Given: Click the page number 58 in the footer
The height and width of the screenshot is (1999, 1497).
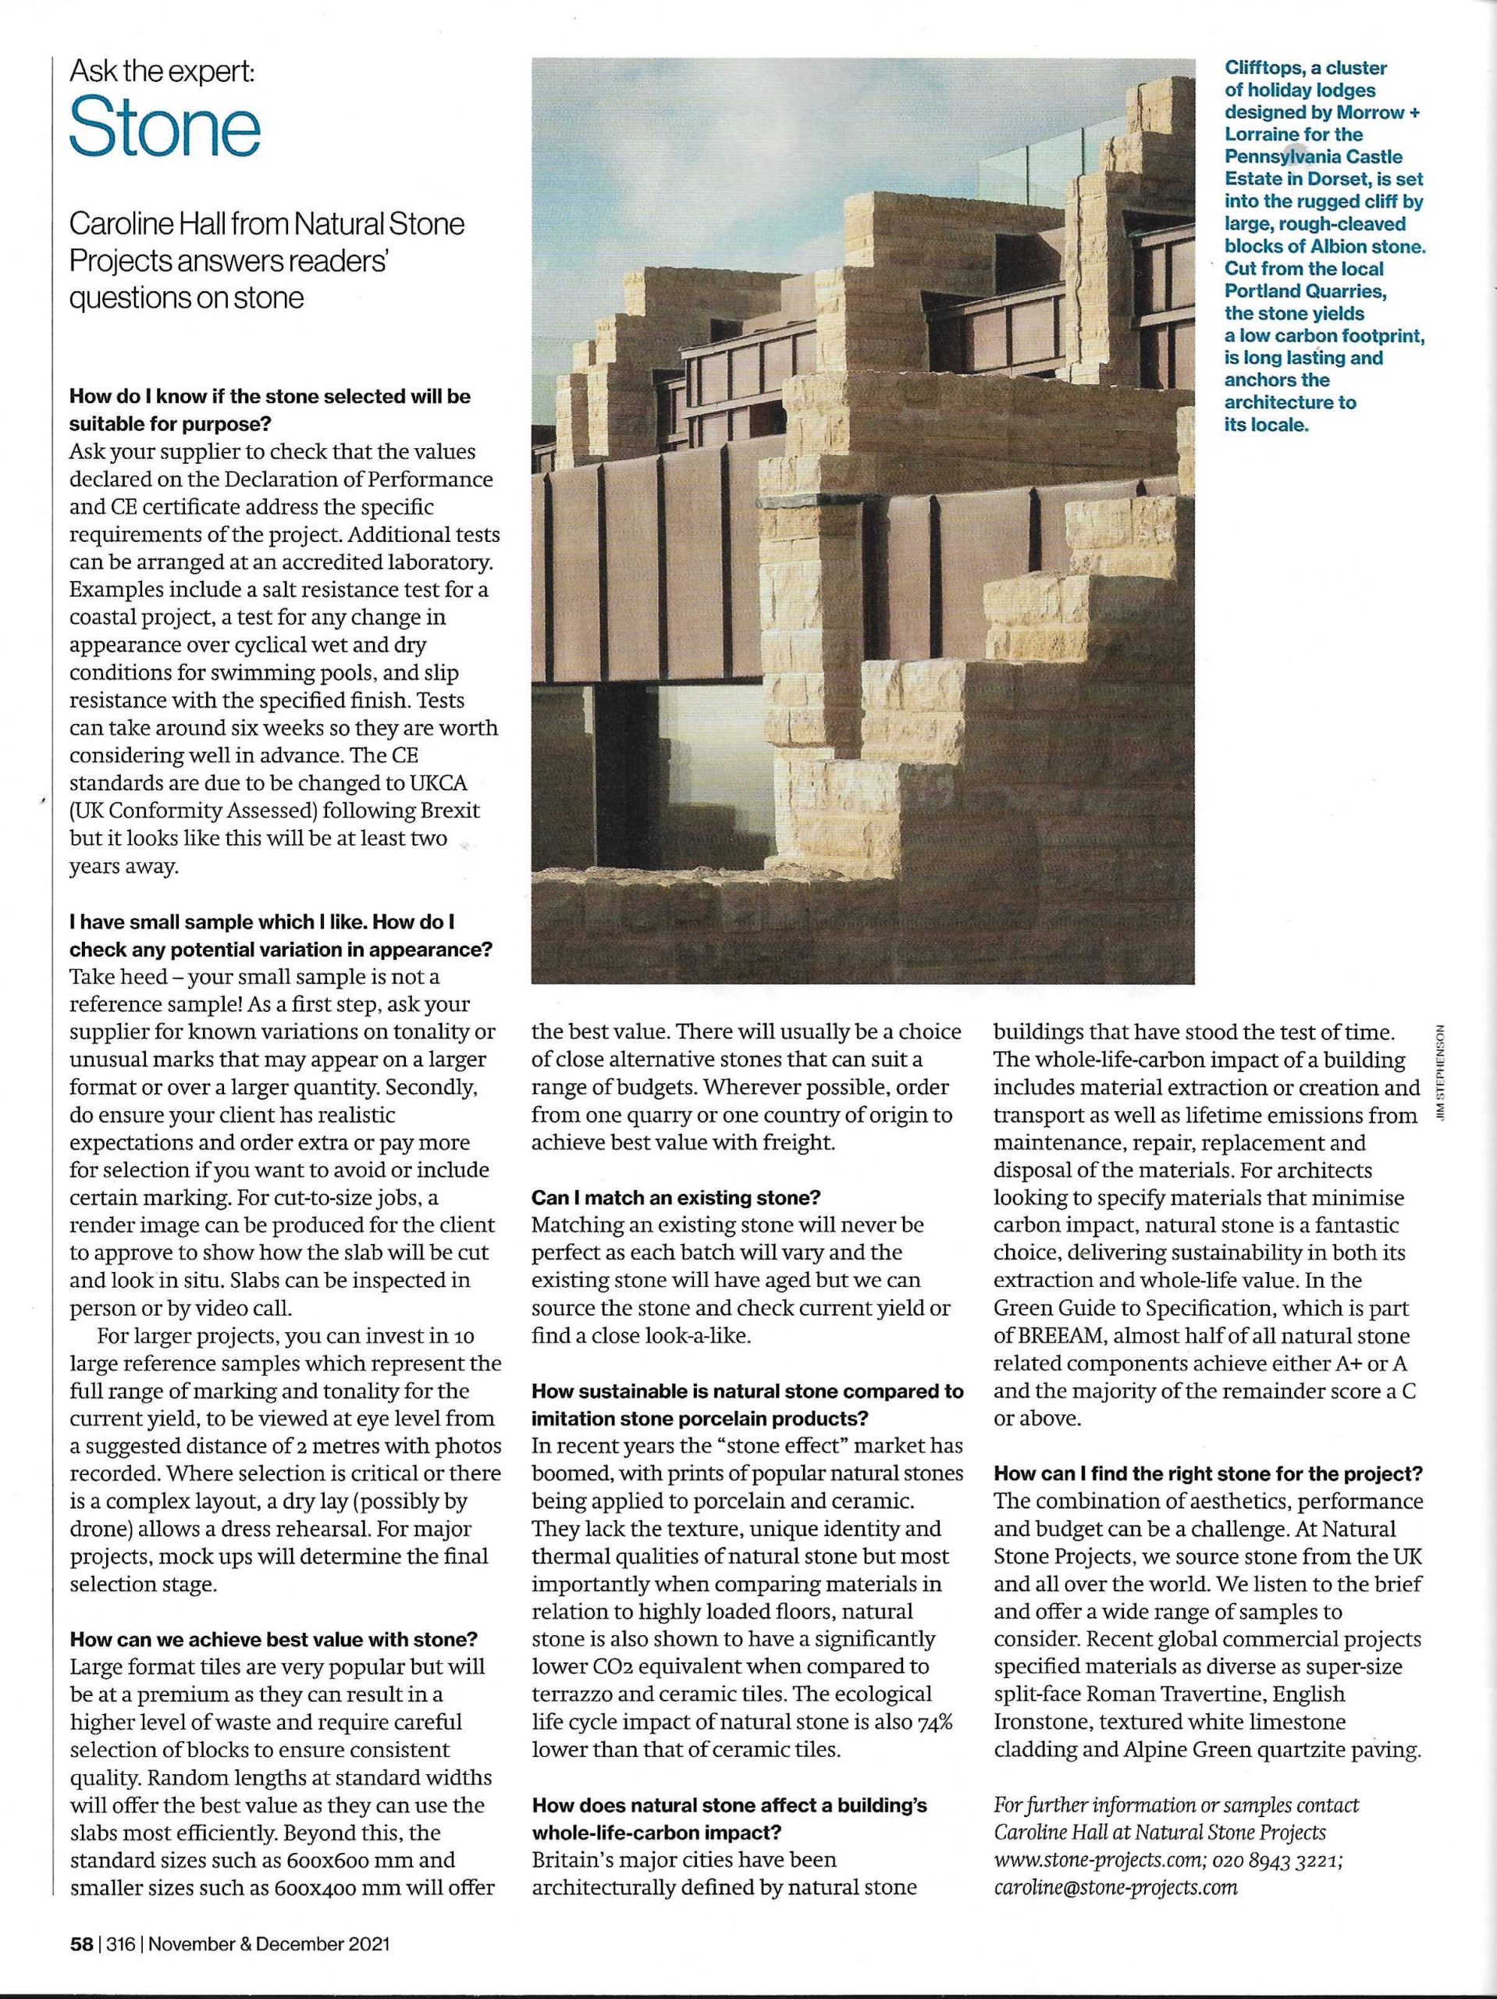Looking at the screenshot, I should pyautogui.click(x=80, y=1944).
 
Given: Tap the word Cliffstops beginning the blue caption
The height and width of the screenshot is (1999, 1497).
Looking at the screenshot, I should pyautogui.click(x=1260, y=69).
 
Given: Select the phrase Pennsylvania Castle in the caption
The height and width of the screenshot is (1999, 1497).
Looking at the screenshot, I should pyautogui.click(x=1301, y=157).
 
